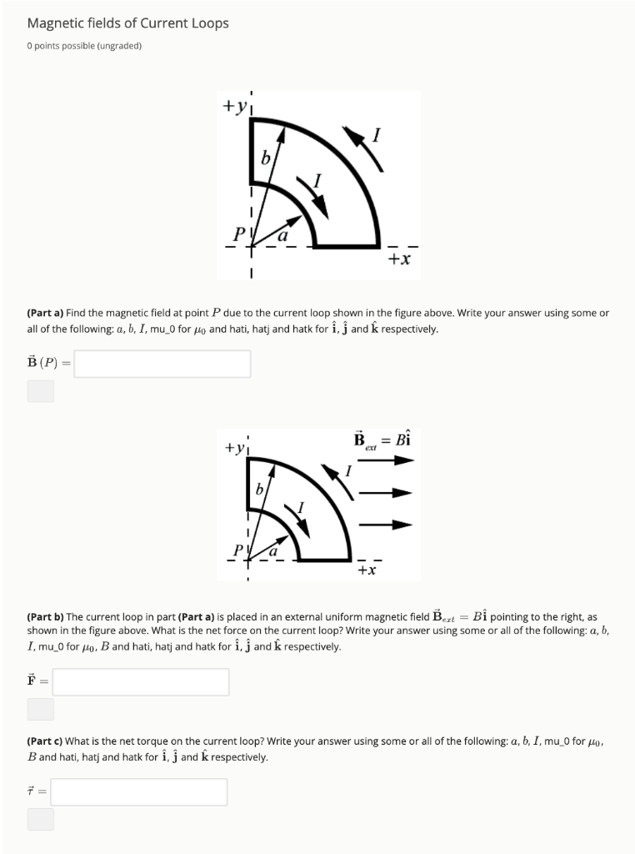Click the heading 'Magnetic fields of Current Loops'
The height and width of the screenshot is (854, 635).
click(127, 23)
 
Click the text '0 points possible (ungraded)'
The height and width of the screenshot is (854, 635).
click(84, 46)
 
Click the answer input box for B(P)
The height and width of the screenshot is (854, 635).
click(162, 364)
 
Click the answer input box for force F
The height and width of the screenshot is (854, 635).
click(140, 682)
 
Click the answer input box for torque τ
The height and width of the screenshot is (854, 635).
click(138, 792)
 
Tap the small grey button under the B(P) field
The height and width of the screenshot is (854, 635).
click(41, 391)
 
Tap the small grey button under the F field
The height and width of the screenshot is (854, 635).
click(41, 710)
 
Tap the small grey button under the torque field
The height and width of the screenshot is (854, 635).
click(41, 819)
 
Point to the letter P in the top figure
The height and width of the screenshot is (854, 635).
click(238, 233)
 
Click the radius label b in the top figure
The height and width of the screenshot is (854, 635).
click(266, 158)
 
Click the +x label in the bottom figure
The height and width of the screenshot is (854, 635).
click(367, 570)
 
